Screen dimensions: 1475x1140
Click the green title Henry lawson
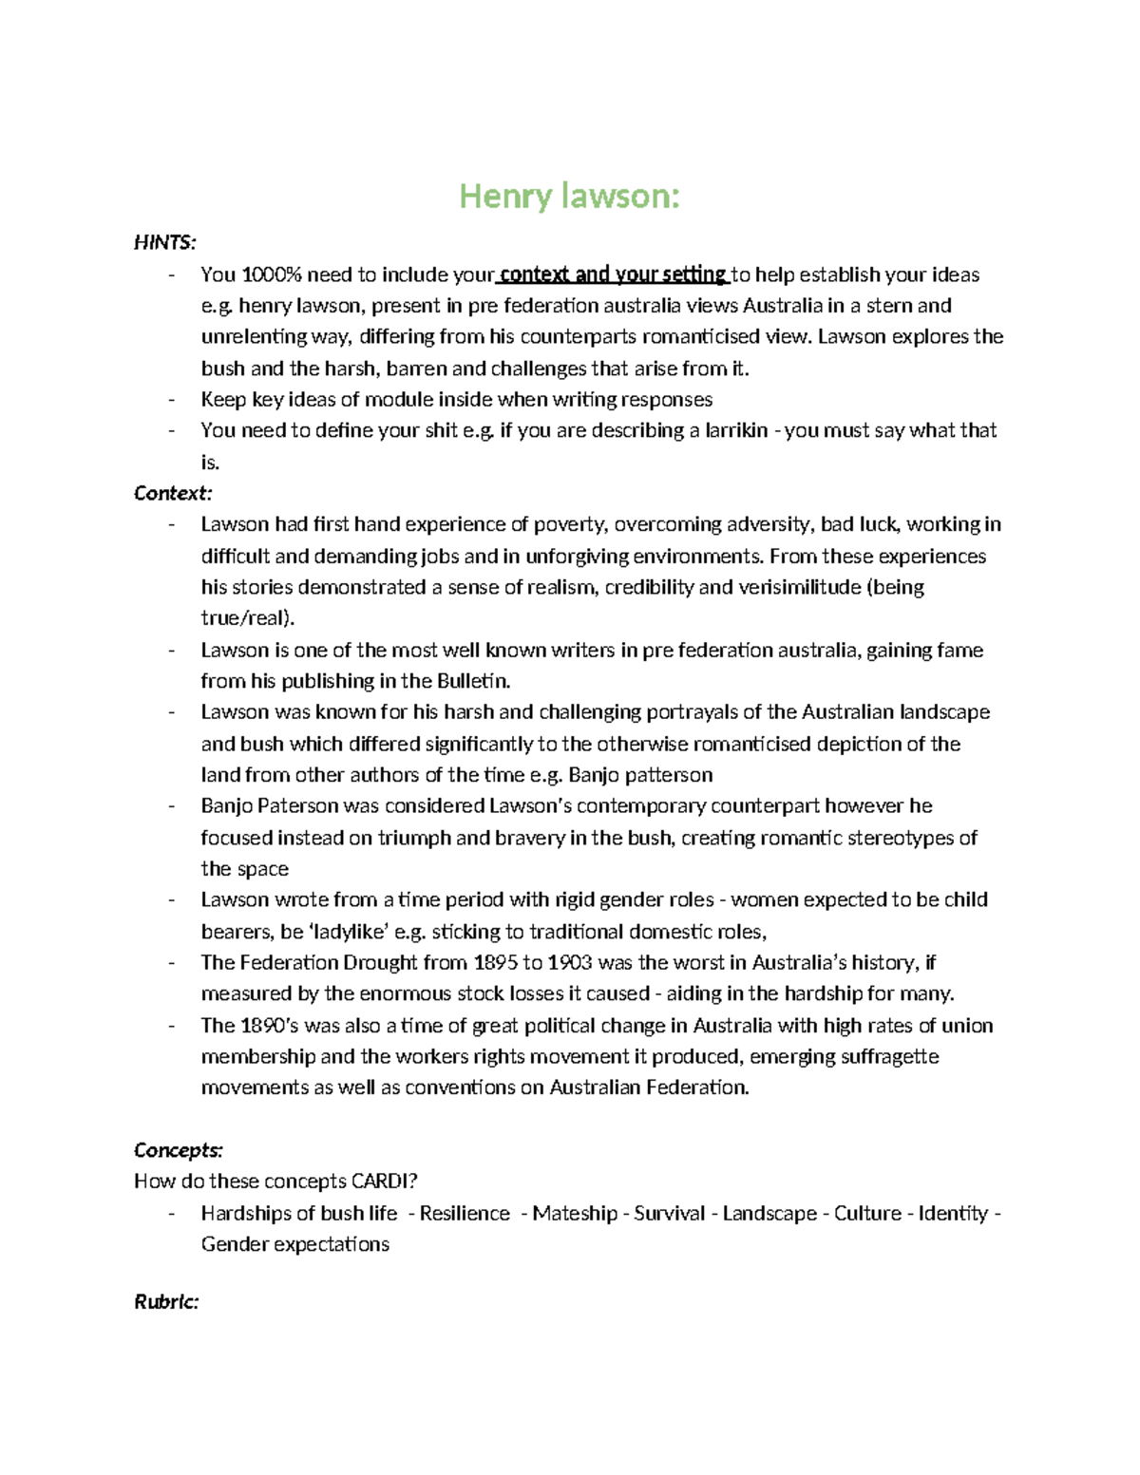click(x=569, y=196)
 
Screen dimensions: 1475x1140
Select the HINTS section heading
click(x=164, y=243)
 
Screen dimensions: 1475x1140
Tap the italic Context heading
click(x=173, y=493)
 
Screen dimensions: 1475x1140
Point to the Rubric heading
click(x=166, y=1301)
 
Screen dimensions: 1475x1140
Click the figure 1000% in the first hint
click(x=271, y=275)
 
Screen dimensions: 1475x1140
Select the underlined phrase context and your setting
click(x=612, y=275)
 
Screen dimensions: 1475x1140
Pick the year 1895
click(x=492, y=963)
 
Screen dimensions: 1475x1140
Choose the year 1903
click(x=569, y=963)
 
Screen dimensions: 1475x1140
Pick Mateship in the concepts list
click(x=575, y=1214)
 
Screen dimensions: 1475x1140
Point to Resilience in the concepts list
click(x=465, y=1214)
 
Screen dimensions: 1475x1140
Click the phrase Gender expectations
click(x=294, y=1245)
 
